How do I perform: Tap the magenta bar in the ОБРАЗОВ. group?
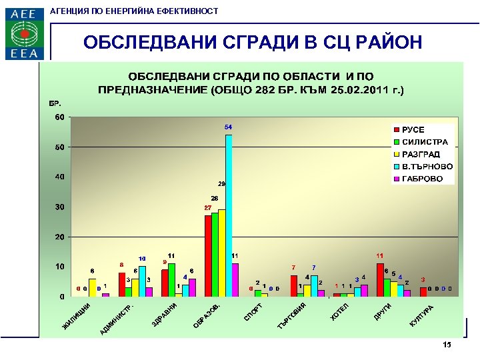pos(235,279)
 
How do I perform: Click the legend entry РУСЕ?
pos(413,130)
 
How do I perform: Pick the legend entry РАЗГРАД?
pos(421,154)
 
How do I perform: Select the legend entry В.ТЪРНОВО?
pos(426,167)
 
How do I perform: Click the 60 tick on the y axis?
pos(60,117)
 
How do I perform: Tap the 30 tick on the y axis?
pos(60,207)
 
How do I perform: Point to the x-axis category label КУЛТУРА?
pos(421,315)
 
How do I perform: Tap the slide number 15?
pos(447,345)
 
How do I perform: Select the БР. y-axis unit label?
pos(55,104)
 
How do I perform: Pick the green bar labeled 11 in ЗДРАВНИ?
pos(171,280)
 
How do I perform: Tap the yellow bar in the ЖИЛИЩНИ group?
pos(92,287)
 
